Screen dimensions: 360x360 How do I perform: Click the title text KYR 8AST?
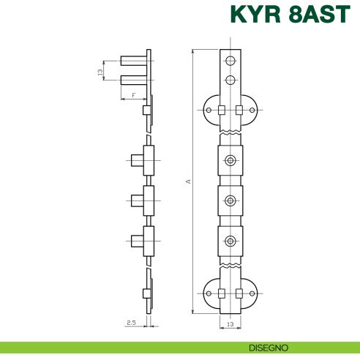point(290,16)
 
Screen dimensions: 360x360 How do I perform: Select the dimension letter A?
point(188,181)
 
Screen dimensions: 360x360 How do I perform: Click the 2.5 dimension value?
point(130,322)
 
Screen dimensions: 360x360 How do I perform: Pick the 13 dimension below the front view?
point(230,323)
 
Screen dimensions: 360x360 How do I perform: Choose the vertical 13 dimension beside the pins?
point(100,72)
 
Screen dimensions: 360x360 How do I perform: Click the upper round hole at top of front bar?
point(230,61)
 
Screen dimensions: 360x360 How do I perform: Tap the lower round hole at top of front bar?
point(230,79)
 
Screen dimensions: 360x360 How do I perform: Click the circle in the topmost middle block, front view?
point(230,160)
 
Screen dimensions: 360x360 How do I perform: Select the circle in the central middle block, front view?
point(230,200)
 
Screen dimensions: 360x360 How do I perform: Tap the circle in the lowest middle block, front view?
point(230,239)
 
